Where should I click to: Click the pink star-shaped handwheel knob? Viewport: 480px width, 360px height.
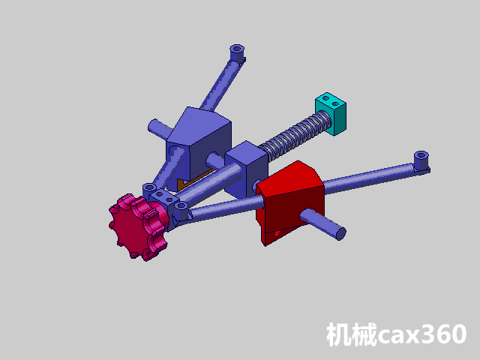click(138, 226)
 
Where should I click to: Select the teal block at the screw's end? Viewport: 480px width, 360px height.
click(331, 113)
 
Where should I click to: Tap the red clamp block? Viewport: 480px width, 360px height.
click(291, 202)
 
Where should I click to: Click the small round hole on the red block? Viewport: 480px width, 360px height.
click(277, 234)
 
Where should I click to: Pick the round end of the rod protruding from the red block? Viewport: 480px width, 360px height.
click(341, 234)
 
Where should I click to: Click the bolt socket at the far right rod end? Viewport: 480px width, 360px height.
click(421, 158)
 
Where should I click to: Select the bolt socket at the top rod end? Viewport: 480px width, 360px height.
click(237, 52)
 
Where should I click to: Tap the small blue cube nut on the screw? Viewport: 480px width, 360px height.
click(247, 168)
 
